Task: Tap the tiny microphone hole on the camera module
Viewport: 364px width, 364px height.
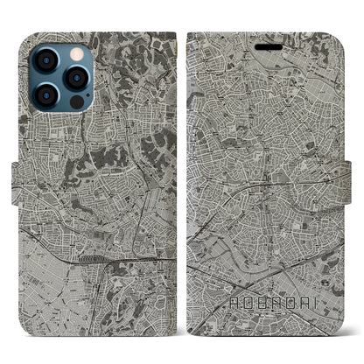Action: [x=60, y=77]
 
